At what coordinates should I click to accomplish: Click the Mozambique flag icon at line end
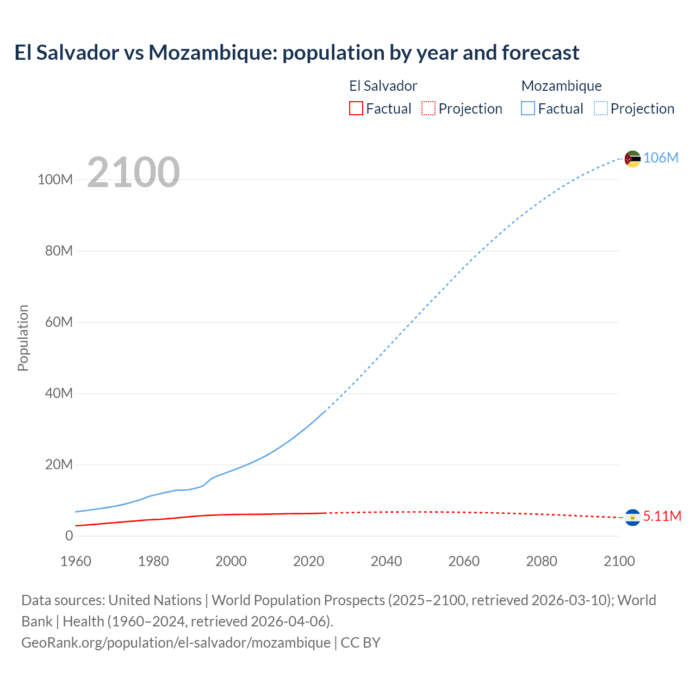click(632, 159)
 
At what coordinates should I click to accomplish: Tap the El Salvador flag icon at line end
click(632, 517)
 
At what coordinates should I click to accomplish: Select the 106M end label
click(661, 158)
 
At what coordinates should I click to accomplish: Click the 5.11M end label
click(662, 516)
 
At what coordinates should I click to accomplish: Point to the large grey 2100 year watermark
click(133, 172)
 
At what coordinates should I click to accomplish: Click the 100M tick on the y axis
click(55, 179)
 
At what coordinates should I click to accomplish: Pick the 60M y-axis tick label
click(59, 322)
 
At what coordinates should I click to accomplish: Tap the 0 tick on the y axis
click(69, 536)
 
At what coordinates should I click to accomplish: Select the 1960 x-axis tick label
click(76, 561)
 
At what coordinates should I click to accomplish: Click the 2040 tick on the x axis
click(386, 561)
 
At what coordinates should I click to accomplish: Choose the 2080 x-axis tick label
click(542, 561)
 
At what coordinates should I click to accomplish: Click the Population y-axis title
click(23, 338)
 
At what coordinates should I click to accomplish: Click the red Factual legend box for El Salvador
click(356, 108)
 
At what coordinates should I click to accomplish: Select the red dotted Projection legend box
click(428, 108)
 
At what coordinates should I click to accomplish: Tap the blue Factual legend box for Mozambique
click(527, 108)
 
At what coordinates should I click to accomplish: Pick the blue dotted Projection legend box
click(600, 108)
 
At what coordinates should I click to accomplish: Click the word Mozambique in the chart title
click(212, 53)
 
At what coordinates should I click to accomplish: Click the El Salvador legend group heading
click(383, 86)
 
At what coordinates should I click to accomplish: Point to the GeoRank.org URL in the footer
click(176, 643)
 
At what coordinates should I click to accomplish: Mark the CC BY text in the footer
click(361, 643)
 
